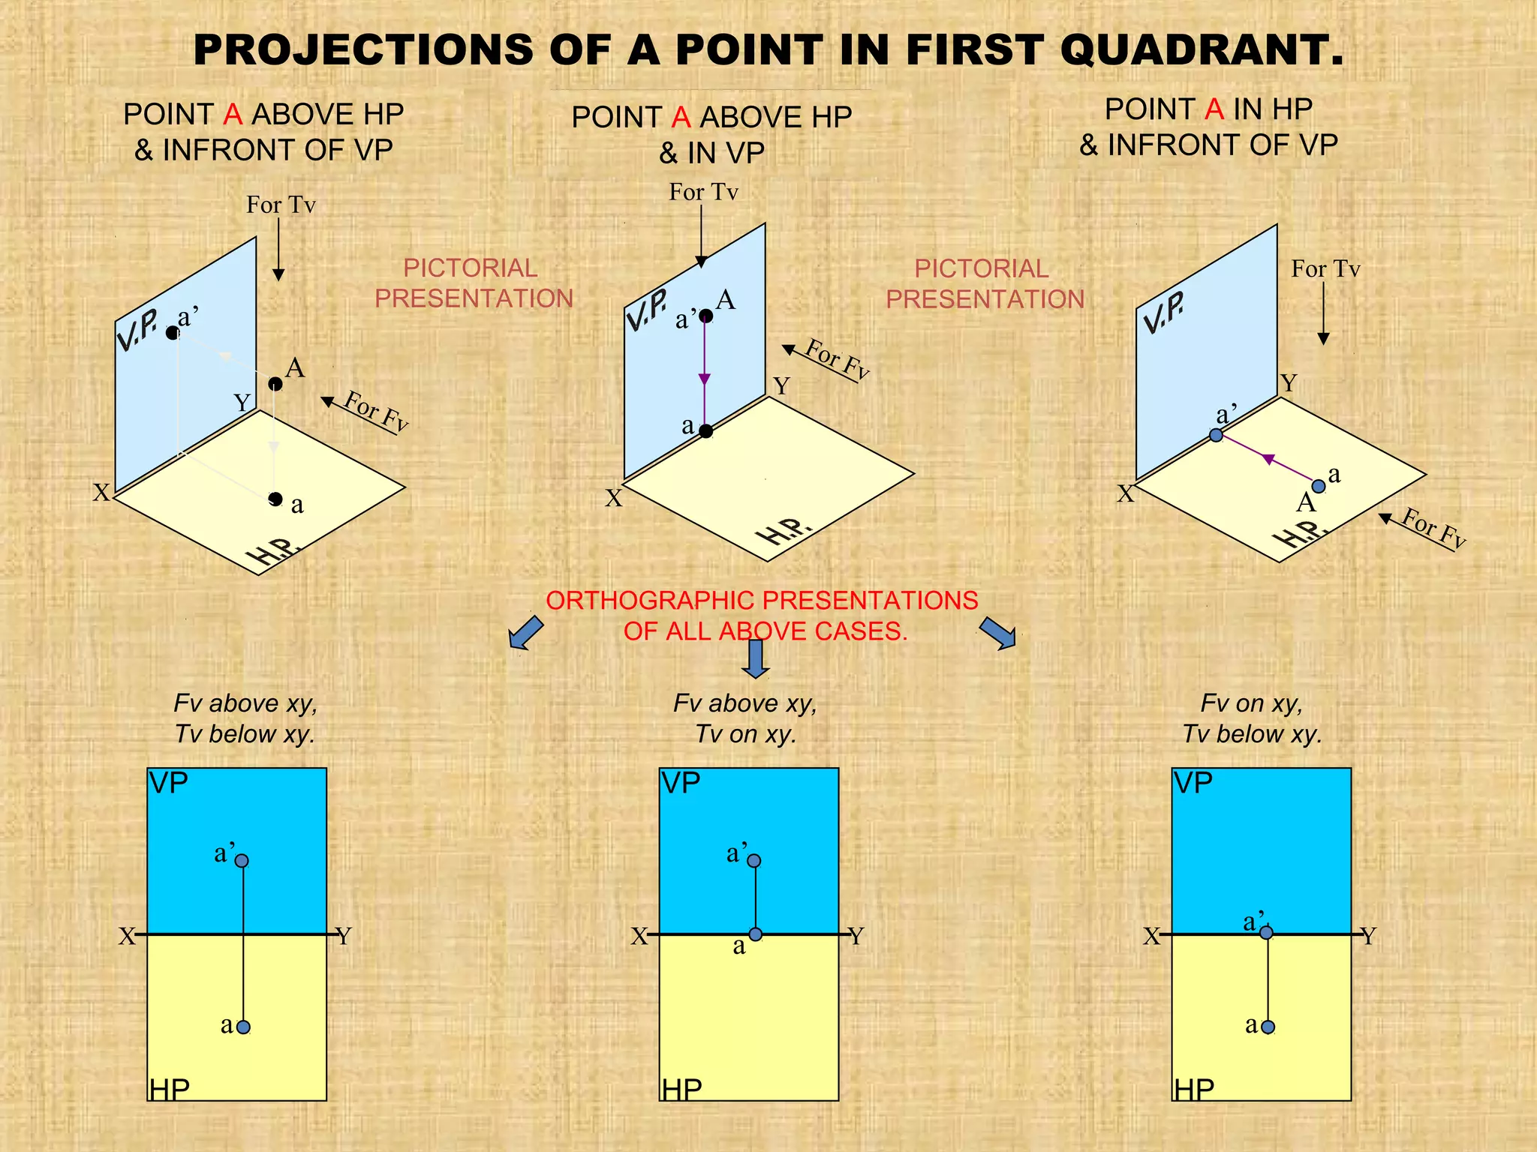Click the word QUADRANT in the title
point(1201,51)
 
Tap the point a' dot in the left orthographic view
point(242,861)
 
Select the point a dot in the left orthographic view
point(243,1027)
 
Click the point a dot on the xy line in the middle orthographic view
point(756,934)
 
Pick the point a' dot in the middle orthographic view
point(754,861)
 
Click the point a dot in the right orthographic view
point(1268,1027)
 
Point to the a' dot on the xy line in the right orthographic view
point(1267,933)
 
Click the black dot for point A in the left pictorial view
point(275,384)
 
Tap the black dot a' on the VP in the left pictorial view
point(173,333)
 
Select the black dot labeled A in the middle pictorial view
point(706,316)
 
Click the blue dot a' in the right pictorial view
point(1217,435)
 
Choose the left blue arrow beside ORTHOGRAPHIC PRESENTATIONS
point(525,632)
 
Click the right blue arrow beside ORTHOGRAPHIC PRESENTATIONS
point(998,632)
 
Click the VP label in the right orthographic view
point(1193,784)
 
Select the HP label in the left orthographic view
point(170,1089)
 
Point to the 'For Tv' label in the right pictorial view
point(1325,268)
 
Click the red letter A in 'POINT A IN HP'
point(1214,109)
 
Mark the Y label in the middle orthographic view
point(856,936)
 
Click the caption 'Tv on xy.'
point(745,733)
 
